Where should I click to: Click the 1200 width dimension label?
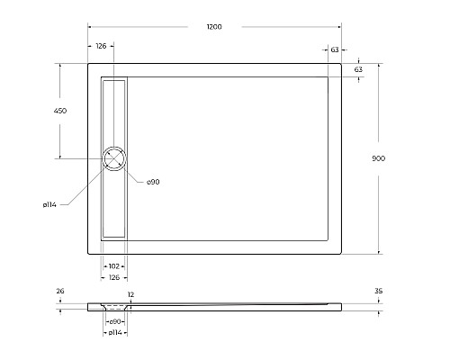214,27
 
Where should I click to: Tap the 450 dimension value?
60,111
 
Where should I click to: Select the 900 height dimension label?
378,158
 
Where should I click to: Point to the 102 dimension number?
114,266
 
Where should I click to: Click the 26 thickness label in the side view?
59,292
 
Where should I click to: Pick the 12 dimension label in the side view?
130,295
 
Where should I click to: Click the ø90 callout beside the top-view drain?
153,183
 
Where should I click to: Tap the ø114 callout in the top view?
49,205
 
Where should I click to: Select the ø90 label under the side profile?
115,321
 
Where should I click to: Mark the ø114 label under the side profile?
114,333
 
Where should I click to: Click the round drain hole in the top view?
116,158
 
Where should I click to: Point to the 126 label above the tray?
101,46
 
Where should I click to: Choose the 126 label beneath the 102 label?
113,277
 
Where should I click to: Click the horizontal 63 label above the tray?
335,52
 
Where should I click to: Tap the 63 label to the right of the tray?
358,69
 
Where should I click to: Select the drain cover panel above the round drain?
116,110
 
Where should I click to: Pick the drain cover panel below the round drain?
114,204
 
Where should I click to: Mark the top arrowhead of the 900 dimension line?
378,65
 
